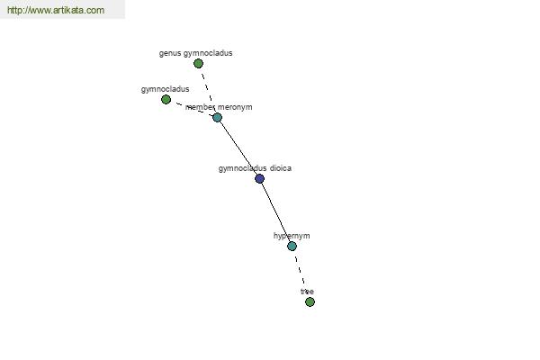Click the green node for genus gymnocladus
click(198, 63)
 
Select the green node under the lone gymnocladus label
click(166, 100)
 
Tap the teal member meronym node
click(217, 118)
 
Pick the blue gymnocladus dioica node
click(260, 178)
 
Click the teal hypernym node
click(292, 246)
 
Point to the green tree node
click(310, 301)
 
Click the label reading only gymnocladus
click(165, 89)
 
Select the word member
click(200, 107)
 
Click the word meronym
click(235, 107)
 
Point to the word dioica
click(281, 168)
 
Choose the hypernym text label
click(292, 236)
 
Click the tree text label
click(307, 292)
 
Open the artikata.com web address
click(56, 10)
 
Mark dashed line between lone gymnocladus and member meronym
click(192, 109)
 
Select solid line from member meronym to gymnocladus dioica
click(238, 148)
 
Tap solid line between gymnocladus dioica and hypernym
click(276, 212)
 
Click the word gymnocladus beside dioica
click(243, 168)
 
